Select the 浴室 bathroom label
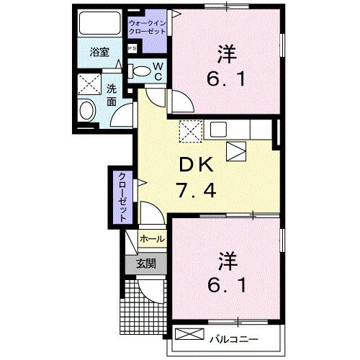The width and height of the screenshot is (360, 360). point(99,53)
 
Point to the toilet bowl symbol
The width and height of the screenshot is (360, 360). point(142,71)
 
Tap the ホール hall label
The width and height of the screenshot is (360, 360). point(151,238)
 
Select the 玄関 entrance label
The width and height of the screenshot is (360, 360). point(146,264)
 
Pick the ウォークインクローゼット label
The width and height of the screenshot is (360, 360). point(146,28)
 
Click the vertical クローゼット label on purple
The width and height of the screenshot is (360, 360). point(123,195)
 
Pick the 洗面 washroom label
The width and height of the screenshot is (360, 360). point(112,96)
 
